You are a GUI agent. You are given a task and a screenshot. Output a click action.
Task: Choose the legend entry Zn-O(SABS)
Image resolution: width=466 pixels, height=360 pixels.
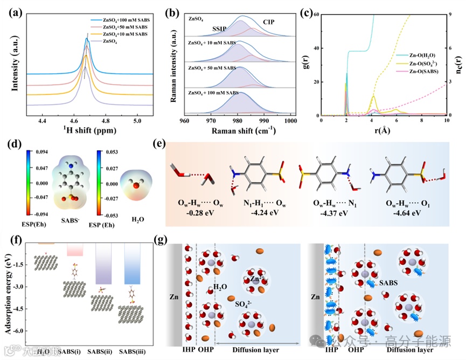pos(426,71)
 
